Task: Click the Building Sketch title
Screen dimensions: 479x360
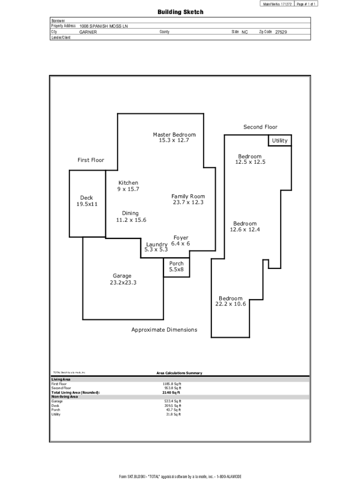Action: (x=180, y=12)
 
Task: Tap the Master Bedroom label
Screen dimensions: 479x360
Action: (x=174, y=138)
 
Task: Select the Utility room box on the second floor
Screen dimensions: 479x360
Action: (x=280, y=140)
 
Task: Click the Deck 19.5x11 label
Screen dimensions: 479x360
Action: (x=87, y=201)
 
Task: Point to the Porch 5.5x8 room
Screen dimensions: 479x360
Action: (x=176, y=267)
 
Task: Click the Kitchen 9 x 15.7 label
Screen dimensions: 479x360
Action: (x=128, y=186)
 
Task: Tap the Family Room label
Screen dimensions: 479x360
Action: (x=188, y=199)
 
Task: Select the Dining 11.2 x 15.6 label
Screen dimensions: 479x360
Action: (x=131, y=217)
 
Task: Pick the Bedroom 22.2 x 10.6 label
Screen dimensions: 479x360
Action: (x=230, y=301)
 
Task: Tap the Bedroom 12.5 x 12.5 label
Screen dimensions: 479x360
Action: (x=250, y=159)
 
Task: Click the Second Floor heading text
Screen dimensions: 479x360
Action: (x=260, y=127)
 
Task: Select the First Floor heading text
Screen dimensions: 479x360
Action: (x=91, y=160)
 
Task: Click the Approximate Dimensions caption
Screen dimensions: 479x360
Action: (x=164, y=330)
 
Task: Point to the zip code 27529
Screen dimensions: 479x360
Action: (x=281, y=32)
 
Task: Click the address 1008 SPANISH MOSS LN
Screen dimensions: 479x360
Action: (x=103, y=27)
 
